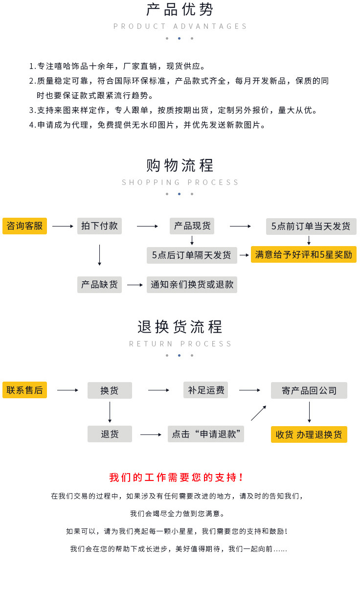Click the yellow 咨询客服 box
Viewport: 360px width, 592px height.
24,226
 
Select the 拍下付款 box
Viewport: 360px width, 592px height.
99,226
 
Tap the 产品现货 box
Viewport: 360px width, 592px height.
192,226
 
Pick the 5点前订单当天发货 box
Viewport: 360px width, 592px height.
311,227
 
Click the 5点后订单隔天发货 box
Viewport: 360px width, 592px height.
192,255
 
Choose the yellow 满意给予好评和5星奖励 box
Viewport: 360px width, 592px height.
303,254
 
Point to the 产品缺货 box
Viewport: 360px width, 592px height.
99,285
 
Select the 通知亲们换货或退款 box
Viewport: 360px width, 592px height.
192,285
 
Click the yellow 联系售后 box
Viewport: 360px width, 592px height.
24,390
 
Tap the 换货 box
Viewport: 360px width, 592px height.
110,390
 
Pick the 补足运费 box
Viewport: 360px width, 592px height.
205,390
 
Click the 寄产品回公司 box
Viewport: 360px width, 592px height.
309,390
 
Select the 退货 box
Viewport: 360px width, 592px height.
110,434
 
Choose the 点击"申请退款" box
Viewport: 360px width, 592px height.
206,434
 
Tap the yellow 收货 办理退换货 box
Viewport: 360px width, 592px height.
309,434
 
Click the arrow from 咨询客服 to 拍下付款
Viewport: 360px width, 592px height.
62,227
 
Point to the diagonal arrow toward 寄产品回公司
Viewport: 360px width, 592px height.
258,413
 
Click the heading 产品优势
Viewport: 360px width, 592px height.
180,10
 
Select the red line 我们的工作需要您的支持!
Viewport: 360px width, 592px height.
177,478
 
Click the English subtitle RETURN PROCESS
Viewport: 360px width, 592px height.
180,344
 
